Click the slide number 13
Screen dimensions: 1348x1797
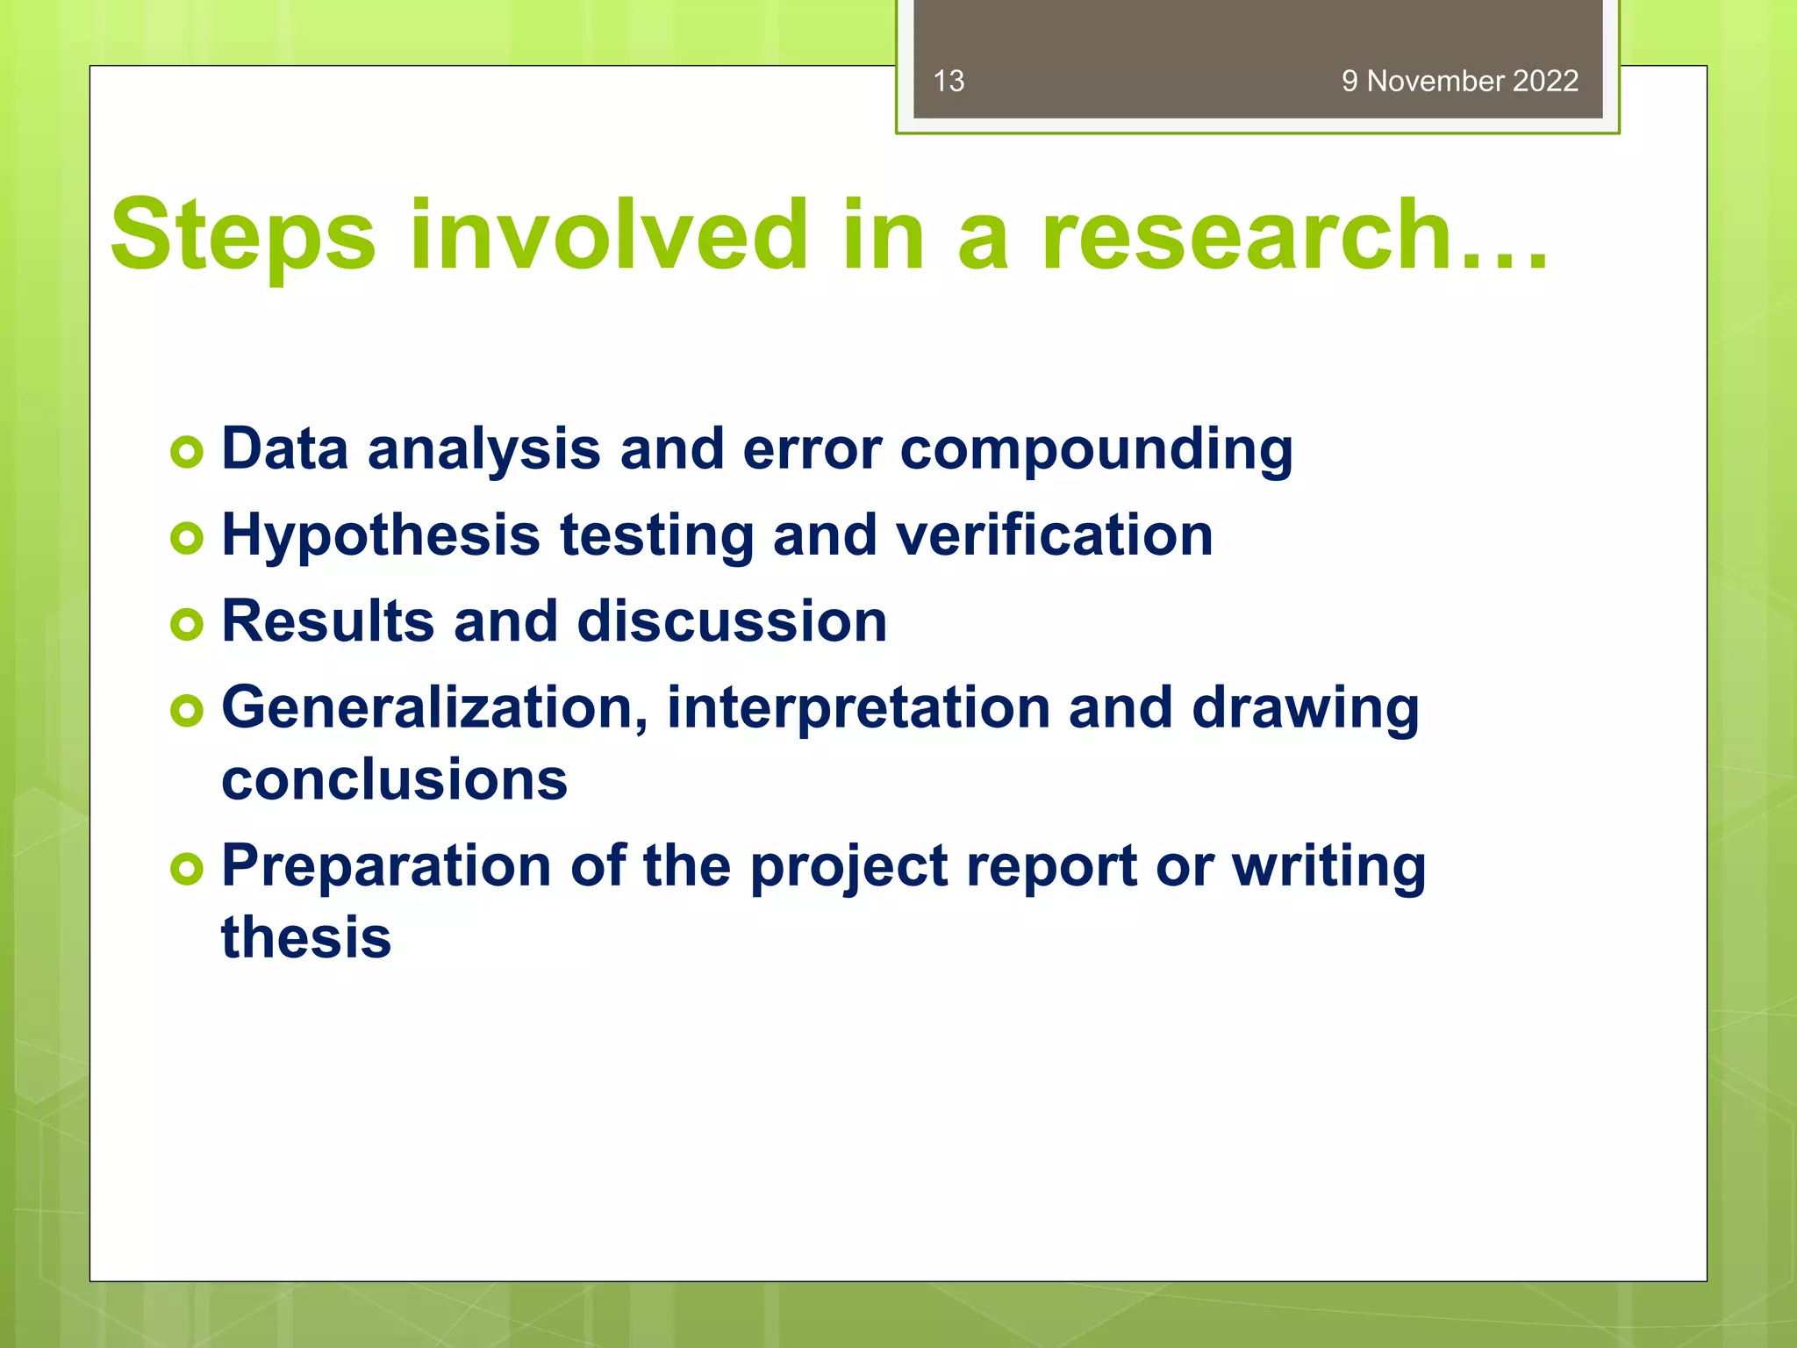(949, 81)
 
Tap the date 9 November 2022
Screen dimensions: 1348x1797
(1459, 81)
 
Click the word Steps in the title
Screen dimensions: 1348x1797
(243, 235)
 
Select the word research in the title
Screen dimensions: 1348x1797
(1246, 235)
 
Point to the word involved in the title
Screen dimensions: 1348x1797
(608, 235)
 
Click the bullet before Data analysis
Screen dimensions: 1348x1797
(187, 453)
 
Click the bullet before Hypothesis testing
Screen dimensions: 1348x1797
(187, 538)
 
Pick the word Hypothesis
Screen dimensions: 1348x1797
(381, 536)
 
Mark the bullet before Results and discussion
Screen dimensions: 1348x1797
(187, 625)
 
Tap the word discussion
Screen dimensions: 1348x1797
(732, 621)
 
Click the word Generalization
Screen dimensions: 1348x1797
(434, 707)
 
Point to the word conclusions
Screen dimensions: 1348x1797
(394, 779)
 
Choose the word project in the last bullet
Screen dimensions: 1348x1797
(848, 868)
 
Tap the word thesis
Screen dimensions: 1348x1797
(305, 937)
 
